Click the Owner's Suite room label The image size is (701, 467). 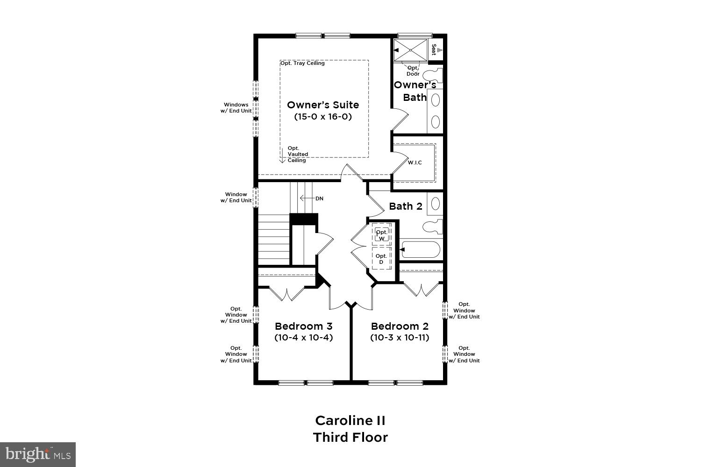pos(322,105)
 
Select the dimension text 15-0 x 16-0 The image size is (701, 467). pos(322,117)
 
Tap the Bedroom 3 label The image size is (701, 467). pos(303,326)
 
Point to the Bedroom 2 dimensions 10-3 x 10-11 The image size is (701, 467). pos(400,337)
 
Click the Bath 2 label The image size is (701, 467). pos(405,206)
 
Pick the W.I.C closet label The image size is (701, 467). pos(415,163)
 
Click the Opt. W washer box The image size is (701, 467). pos(381,235)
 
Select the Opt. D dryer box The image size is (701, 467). pos(381,259)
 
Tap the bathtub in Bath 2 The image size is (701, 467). pos(421,250)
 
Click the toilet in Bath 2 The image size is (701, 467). pos(432,226)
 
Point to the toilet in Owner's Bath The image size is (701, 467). pos(432,75)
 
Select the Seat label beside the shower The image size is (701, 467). pos(434,50)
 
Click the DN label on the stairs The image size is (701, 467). pos(319,198)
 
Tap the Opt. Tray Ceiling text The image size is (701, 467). pos(302,63)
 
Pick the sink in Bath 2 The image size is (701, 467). pos(435,204)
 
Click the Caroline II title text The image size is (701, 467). pos(350,420)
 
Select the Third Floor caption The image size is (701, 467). pos(350,438)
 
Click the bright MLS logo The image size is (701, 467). pos(37,454)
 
